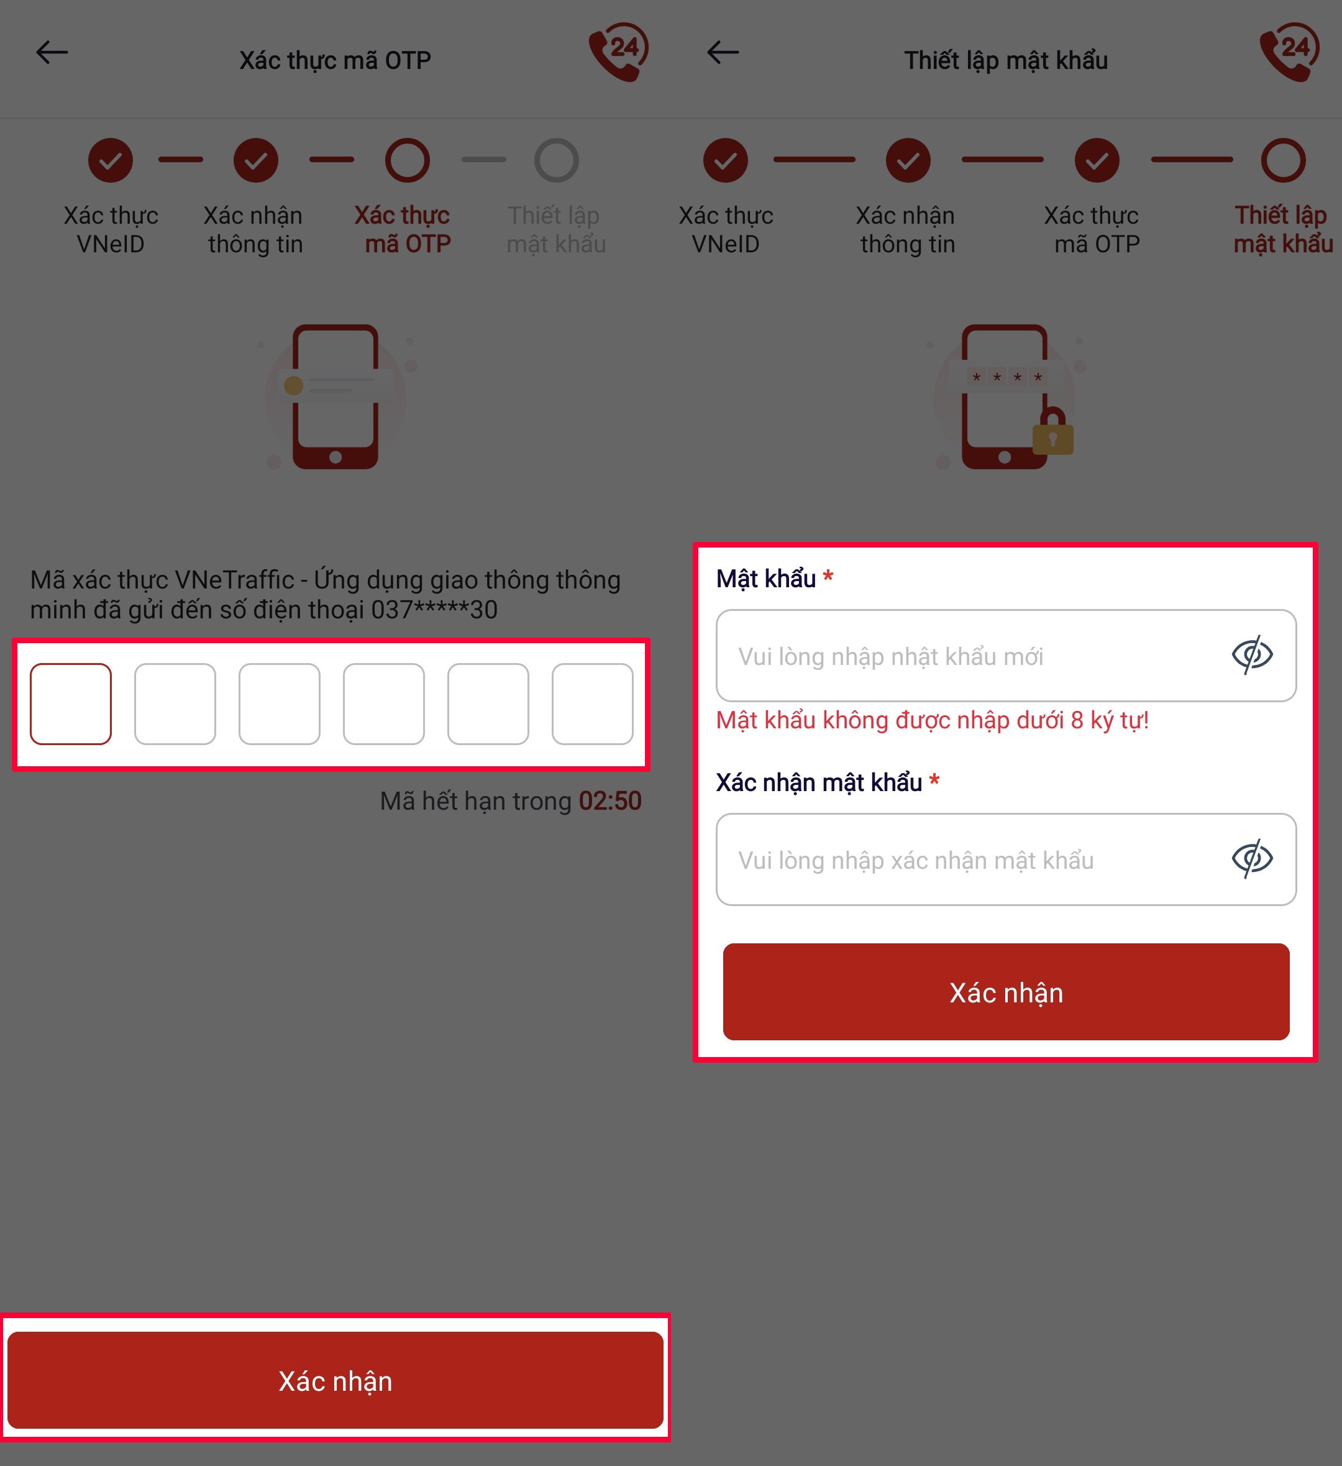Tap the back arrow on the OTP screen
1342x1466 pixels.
[52, 52]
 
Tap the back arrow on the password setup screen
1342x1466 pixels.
[723, 52]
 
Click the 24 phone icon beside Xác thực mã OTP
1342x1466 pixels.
[619, 52]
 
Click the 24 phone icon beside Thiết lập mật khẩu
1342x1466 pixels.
[1290, 52]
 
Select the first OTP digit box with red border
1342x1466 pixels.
[70, 704]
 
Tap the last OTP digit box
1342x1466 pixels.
[593, 704]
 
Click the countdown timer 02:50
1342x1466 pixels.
[610, 800]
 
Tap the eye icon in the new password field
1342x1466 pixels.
[1252, 655]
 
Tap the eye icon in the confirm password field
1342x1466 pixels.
[1252, 859]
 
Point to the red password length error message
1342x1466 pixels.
[932, 720]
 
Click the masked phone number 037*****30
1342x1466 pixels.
[434, 610]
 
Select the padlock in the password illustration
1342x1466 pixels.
[1052, 432]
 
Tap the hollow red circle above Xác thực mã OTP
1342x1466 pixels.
[407, 160]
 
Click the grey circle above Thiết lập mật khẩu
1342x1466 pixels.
[556, 160]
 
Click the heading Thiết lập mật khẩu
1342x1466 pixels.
[1006, 60]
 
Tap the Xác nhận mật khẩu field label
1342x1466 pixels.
[819, 782]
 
